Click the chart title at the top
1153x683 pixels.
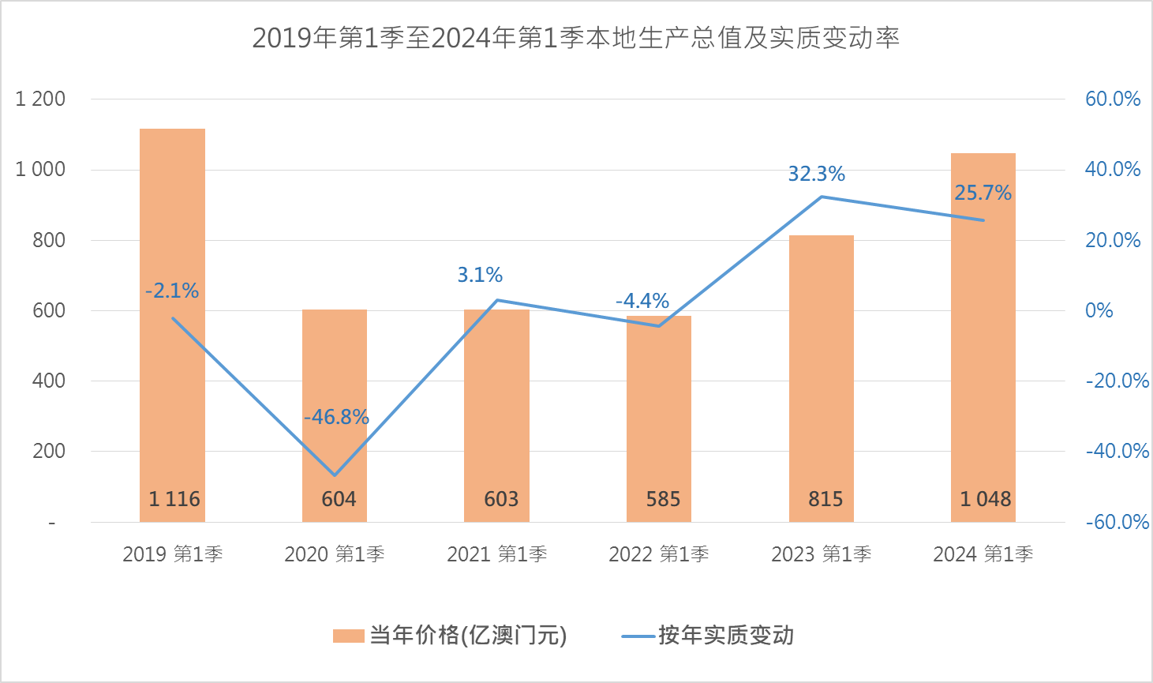click(576, 38)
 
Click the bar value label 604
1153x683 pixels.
click(339, 499)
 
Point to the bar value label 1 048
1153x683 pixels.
click(985, 499)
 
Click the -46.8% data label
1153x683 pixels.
click(337, 417)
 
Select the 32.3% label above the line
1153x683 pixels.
click(816, 174)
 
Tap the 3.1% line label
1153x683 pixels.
click(480, 275)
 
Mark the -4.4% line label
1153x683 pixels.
click(642, 301)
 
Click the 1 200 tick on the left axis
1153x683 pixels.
click(40, 99)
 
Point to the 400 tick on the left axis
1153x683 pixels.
click(49, 381)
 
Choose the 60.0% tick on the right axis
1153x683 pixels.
click(1113, 99)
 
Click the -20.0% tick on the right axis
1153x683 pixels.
click(1117, 381)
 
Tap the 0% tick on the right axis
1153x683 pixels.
click(1099, 310)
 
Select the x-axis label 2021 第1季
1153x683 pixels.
click(497, 554)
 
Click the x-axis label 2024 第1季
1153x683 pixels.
click(983, 554)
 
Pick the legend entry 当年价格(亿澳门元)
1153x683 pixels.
click(450, 636)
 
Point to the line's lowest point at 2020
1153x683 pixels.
click(335, 475)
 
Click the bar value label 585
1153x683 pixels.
click(663, 499)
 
